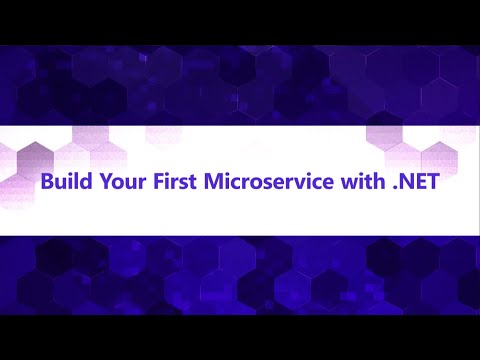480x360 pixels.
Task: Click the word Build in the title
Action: [x=61, y=184]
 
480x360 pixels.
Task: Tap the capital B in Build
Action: [x=46, y=184]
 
